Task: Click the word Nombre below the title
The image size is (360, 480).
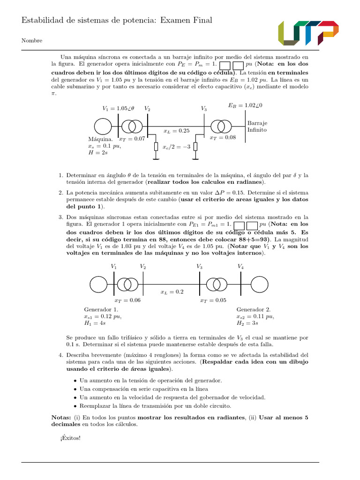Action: point(32,41)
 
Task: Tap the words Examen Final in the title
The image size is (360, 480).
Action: point(186,20)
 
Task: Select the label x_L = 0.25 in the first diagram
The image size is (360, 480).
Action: point(176,131)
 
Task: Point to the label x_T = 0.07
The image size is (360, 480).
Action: point(132,139)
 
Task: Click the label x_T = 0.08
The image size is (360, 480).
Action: point(223,138)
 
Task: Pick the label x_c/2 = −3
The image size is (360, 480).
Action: point(176,147)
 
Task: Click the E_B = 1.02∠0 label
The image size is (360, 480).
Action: point(245,105)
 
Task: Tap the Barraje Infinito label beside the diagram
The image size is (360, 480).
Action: point(257,127)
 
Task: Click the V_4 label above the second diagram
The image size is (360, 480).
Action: point(240,266)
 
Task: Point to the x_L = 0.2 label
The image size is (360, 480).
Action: point(172,292)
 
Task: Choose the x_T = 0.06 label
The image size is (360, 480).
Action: point(127,300)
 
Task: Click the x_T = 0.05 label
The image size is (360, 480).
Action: point(213,300)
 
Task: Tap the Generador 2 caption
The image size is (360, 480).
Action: point(253,309)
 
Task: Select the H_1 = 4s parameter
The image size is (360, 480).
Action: point(95,323)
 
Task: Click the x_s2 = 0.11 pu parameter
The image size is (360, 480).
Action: point(255,316)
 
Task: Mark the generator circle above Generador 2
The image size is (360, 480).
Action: point(260,284)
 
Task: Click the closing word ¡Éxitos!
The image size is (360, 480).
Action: point(70,438)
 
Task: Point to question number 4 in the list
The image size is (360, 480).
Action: point(61,355)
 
